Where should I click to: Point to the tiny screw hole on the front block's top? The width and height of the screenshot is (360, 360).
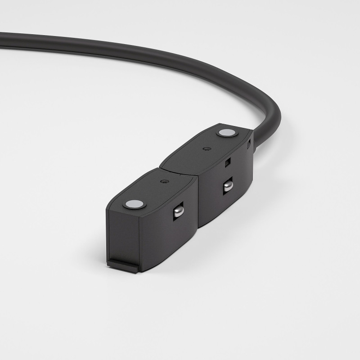163,182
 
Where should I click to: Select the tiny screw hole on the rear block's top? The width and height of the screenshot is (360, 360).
206,148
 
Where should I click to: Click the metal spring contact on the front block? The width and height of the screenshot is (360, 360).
178,210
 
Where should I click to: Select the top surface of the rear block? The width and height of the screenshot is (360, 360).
202,153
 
